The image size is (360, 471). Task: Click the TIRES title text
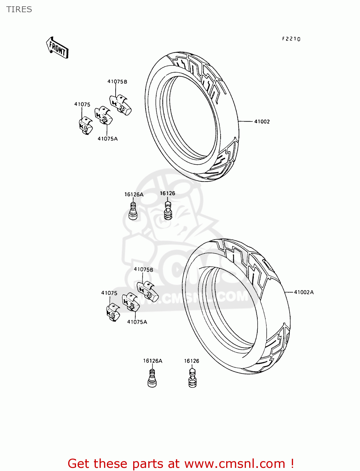[19, 9]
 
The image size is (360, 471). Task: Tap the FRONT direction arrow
[57, 48]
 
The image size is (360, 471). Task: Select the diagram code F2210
[291, 39]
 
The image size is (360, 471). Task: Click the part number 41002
[262, 122]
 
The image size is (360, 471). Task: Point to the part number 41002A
[304, 292]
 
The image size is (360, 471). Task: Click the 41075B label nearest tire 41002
[117, 82]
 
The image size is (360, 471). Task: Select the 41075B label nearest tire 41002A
[144, 269]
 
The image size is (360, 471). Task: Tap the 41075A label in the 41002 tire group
[107, 139]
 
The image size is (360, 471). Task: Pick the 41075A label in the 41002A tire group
[137, 322]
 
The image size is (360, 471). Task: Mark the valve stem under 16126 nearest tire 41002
[168, 211]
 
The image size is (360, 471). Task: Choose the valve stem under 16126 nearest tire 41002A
[192, 378]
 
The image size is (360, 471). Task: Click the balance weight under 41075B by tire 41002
[120, 104]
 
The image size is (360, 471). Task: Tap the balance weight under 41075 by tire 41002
[85, 126]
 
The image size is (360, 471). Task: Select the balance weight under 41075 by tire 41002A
[113, 313]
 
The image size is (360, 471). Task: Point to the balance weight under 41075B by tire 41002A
[148, 291]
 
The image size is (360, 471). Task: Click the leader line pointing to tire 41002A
[289, 292]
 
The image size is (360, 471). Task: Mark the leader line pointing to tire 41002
[245, 121]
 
